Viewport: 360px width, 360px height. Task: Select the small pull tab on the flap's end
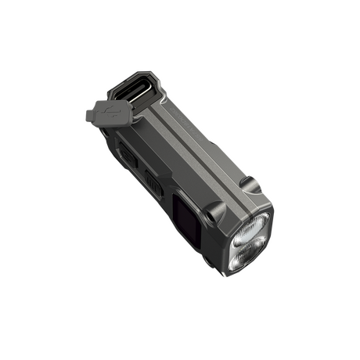90,117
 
